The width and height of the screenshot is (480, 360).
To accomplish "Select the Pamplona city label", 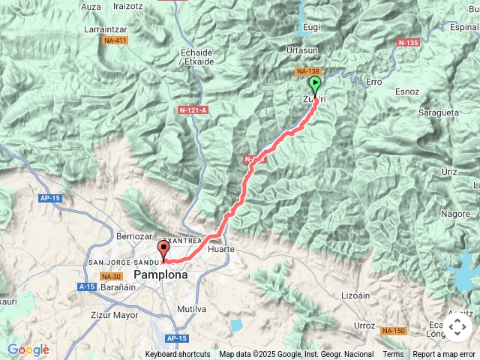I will tap(160, 275).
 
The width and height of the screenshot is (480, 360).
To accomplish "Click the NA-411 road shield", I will tap(115, 40).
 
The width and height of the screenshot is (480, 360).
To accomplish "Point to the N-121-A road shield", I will tap(193, 110).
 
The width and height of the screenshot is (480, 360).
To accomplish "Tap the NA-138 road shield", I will tap(307, 71).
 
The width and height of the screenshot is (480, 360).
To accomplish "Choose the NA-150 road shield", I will tap(393, 331).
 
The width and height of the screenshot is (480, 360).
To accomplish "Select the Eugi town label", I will tap(310, 28).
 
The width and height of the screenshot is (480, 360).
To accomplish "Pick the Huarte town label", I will tap(221, 248).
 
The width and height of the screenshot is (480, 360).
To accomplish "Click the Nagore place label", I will tap(455, 214).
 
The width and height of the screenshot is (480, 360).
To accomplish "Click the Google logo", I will tap(28, 349).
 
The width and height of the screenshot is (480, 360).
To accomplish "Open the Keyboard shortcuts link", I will tap(178, 354).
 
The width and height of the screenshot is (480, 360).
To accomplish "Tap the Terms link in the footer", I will tap(393, 354).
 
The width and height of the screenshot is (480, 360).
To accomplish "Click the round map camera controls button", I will tap(457, 328).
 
